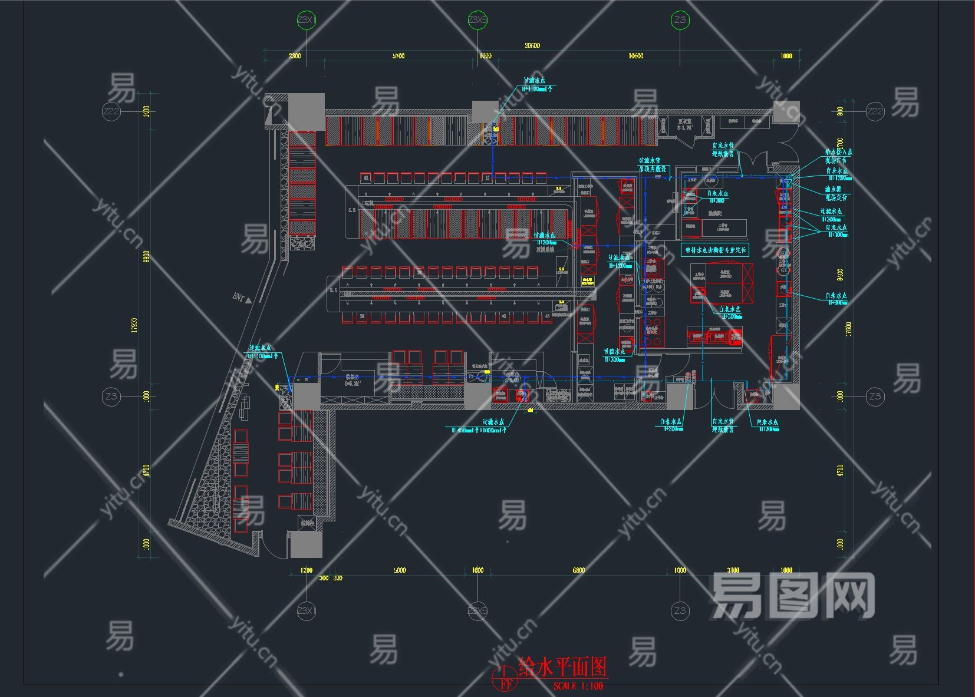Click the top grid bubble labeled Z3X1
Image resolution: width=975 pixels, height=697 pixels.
click(306, 21)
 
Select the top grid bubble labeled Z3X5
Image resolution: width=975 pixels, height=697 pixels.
click(477, 21)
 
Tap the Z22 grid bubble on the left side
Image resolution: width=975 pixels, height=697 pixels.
click(111, 111)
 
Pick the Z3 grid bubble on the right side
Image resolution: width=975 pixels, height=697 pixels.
click(875, 397)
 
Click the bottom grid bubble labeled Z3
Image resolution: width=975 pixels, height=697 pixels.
click(680, 611)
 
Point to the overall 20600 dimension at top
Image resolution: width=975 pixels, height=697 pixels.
click(532, 45)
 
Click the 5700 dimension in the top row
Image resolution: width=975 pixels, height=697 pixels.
click(398, 56)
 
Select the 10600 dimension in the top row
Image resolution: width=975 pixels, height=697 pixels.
click(635, 56)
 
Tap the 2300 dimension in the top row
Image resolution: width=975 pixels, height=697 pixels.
click(294, 56)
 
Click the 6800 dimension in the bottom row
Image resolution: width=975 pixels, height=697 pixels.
click(579, 570)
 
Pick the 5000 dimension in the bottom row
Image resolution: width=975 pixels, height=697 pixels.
click(400, 570)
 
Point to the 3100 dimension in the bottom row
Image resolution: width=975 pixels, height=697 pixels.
click(733, 570)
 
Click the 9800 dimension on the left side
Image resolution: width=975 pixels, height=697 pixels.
click(146, 257)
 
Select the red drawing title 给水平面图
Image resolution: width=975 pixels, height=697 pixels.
click(562, 668)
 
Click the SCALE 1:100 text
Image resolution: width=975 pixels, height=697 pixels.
click(578, 686)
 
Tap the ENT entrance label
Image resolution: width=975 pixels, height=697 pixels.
click(239, 297)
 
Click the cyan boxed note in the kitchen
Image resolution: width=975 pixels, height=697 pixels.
click(715, 250)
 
